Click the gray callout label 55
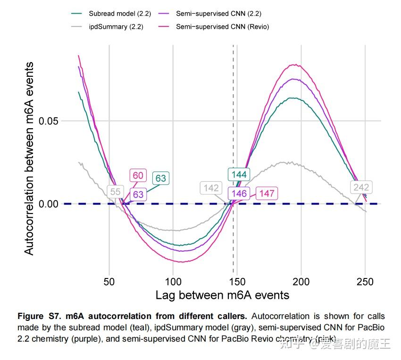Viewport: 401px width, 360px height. [x=115, y=192]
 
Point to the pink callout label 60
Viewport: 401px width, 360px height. [x=138, y=176]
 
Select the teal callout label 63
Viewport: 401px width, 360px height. [x=160, y=178]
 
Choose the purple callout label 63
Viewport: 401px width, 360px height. [x=138, y=194]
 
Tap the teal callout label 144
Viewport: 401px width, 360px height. [x=239, y=175]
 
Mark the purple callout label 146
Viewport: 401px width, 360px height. [x=239, y=193]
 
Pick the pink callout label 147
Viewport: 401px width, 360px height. [x=267, y=193]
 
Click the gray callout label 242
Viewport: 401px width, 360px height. [x=361, y=188]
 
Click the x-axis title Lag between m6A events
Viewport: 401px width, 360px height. [x=222, y=295]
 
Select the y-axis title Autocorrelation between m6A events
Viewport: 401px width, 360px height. [x=29, y=158]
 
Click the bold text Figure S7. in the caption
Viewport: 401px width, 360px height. [x=36, y=316]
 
